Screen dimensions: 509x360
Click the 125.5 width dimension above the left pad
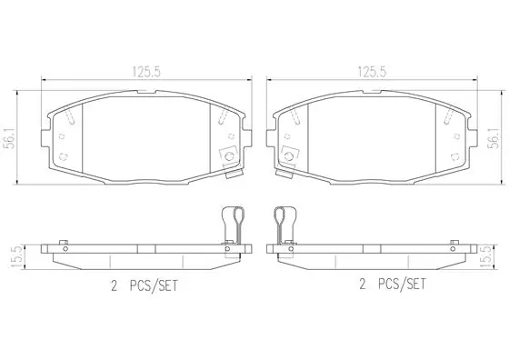pos(146,72)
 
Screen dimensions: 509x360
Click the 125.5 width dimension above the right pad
pos(372,72)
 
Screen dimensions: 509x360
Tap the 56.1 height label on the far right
pos(494,137)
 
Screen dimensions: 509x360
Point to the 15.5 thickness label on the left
pos(16,256)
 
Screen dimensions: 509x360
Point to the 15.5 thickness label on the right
pos(485,256)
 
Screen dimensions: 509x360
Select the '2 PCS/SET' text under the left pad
pos(145,286)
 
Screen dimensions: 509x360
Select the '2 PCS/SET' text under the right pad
pos(392,285)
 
